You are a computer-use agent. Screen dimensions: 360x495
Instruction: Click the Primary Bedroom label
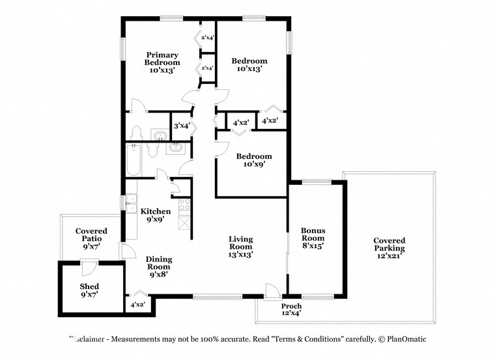tap(162, 62)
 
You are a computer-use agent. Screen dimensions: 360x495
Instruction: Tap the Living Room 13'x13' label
tap(240, 247)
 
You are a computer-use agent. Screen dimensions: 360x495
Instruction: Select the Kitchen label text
tap(156, 215)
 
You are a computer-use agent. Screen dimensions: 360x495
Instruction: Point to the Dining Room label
tap(158, 262)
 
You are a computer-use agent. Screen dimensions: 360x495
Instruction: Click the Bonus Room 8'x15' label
tap(313, 238)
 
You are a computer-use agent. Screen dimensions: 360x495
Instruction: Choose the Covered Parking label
tap(389, 248)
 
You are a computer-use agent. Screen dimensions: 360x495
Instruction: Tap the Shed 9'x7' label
tap(89, 290)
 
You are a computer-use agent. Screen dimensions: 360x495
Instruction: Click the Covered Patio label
tap(91, 239)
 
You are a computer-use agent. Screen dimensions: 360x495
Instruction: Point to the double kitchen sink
tap(132, 202)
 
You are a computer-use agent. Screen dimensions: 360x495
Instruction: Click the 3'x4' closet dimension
tap(180, 126)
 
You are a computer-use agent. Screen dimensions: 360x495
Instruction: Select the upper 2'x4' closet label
tap(208, 38)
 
